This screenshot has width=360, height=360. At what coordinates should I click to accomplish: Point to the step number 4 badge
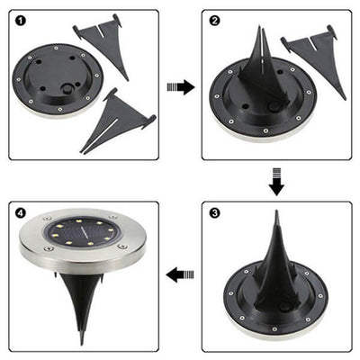click(20, 212)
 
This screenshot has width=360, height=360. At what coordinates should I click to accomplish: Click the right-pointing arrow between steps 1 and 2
click(181, 87)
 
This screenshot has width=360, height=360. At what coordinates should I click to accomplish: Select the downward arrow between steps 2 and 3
click(276, 184)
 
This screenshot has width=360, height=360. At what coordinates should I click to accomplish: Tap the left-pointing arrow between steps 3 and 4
click(181, 272)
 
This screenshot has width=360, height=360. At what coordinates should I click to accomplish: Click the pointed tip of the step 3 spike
click(276, 214)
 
